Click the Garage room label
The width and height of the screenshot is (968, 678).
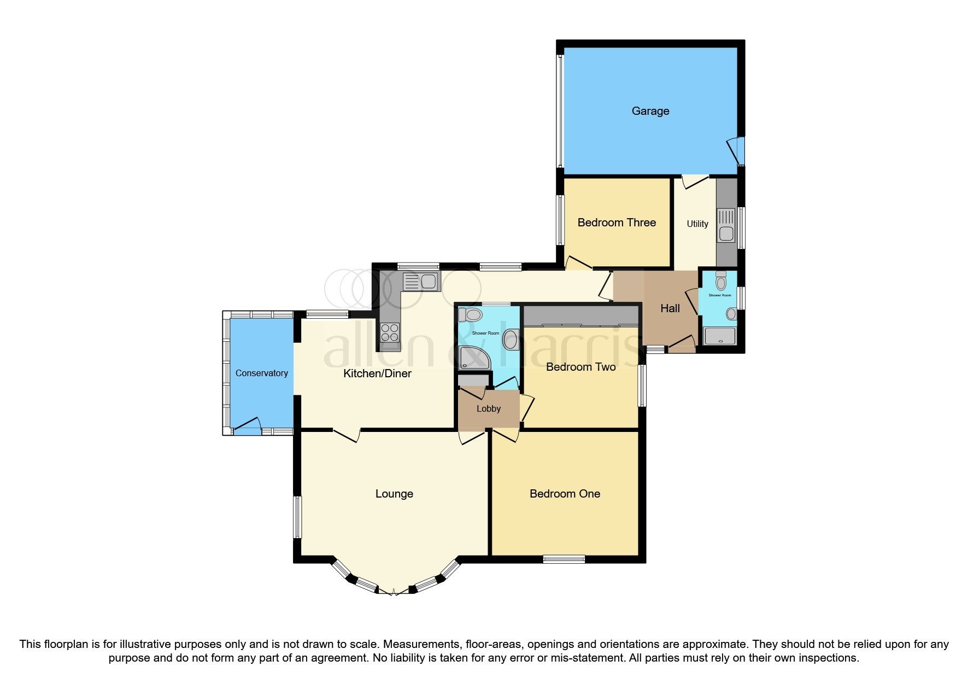click(650, 111)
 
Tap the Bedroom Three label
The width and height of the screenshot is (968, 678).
click(617, 223)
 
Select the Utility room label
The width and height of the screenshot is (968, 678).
click(697, 224)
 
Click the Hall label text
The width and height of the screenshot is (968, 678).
click(670, 308)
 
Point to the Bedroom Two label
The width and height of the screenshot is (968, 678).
click(580, 367)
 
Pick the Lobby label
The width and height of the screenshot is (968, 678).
click(488, 408)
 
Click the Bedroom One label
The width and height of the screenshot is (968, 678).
click(565, 494)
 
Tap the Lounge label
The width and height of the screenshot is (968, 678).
click(394, 494)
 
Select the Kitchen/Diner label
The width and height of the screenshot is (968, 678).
click(377, 373)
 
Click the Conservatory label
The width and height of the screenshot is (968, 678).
click(261, 373)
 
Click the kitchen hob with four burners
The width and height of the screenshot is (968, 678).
click(390, 332)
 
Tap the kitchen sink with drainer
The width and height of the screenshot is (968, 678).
click(420, 282)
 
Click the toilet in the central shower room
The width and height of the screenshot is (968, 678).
click(471, 315)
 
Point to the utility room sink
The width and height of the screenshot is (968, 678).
click(726, 226)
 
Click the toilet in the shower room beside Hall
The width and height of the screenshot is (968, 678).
click(721, 281)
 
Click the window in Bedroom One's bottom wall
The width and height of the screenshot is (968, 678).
click(564, 559)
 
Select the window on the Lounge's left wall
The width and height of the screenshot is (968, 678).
click(297, 517)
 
